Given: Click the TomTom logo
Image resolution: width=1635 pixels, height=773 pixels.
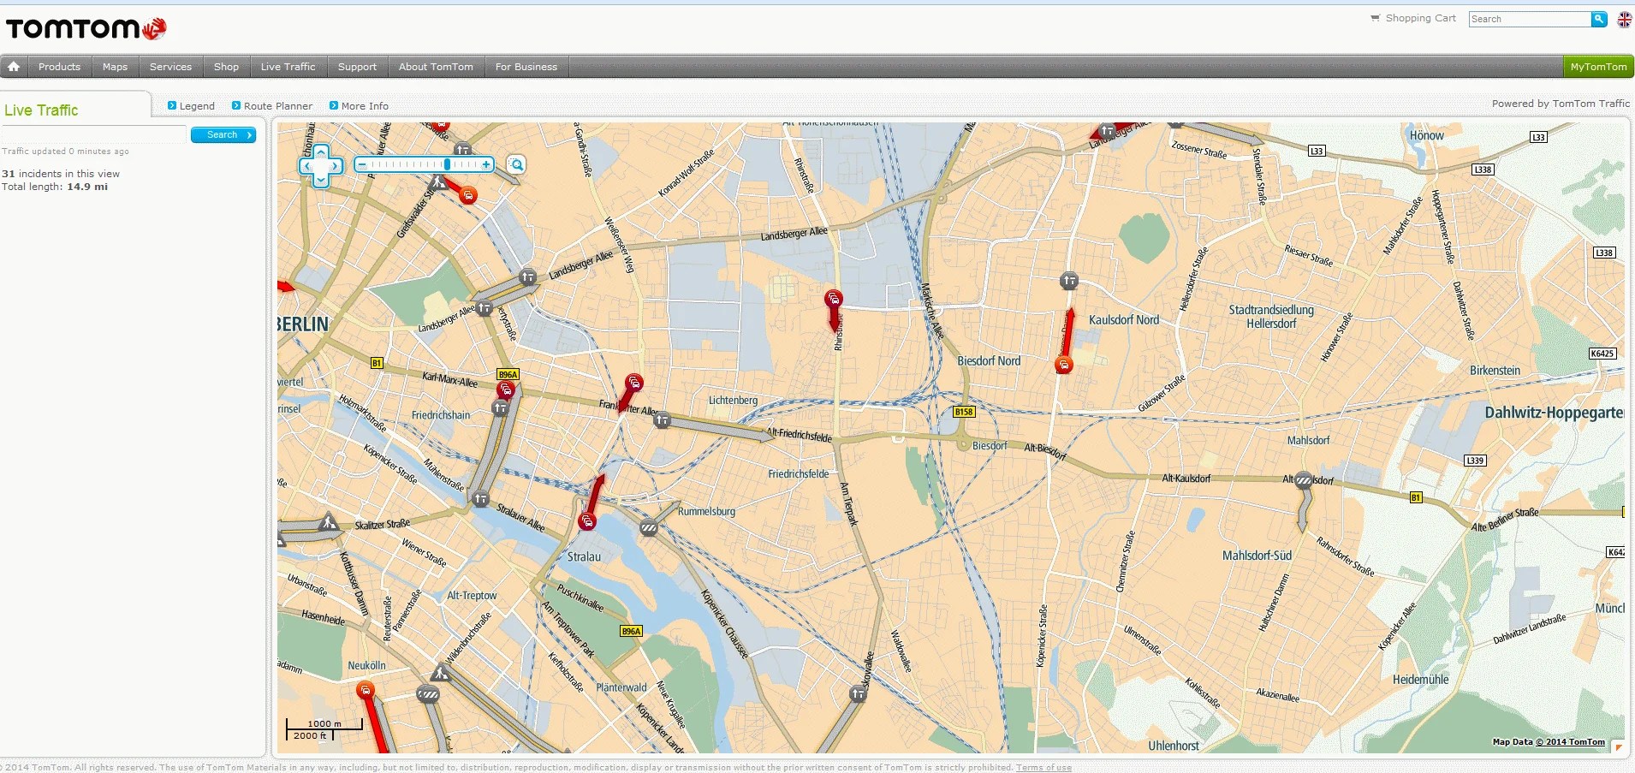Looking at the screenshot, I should point(86,28).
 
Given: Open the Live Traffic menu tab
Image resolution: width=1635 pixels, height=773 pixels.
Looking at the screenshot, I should point(288,67).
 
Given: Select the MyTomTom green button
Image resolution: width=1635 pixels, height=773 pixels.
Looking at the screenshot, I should point(1597,67).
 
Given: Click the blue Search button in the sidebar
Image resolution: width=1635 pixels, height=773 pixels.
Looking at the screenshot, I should point(223,135).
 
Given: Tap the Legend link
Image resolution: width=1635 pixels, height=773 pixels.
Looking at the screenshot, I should point(196,106).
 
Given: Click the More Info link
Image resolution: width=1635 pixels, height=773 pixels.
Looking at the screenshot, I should point(364,106).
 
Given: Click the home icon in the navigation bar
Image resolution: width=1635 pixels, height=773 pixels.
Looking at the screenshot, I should point(14,67).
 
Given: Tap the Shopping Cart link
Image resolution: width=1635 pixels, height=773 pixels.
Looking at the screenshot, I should point(1419,18).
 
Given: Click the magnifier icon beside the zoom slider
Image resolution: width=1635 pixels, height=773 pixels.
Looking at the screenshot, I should point(515,164).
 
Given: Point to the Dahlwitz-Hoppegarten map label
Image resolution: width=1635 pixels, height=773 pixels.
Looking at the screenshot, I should point(1553,413).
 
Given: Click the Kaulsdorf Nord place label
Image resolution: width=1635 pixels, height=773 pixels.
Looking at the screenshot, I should point(1123,320).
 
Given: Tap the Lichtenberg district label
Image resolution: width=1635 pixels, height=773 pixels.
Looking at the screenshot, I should point(733,400).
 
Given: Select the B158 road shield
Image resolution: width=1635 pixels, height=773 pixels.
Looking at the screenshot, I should point(964,412).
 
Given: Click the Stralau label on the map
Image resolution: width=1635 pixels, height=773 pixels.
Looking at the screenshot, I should point(584,556).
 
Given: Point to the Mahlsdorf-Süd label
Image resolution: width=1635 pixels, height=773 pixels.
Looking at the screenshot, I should point(1257,556).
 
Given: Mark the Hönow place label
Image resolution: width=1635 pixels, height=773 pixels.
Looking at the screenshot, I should point(1426,135).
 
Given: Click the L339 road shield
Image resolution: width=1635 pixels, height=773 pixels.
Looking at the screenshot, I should point(1474,461).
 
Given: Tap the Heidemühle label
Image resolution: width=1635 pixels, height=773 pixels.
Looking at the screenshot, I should point(1420,680).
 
